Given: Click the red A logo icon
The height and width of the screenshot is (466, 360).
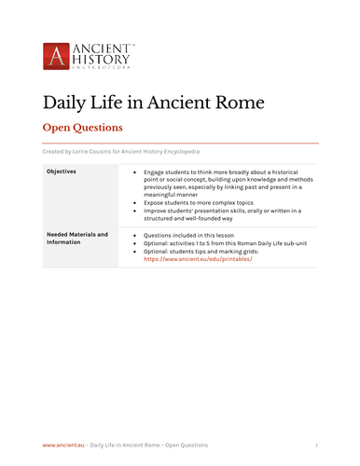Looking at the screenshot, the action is pyautogui.click(x=56, y=55).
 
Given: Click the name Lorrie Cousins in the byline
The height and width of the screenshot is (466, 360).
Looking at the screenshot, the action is pyautogui.click(x=103, y=151).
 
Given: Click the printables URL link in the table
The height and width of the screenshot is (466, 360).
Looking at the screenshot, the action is pyautogui.click(x=198, y=260).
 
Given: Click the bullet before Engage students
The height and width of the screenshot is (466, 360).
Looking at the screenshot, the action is pyautogui.click(x=136, y=172).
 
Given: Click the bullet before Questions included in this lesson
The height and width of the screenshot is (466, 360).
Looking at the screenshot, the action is pyautogui.click(x=136, y=236).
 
